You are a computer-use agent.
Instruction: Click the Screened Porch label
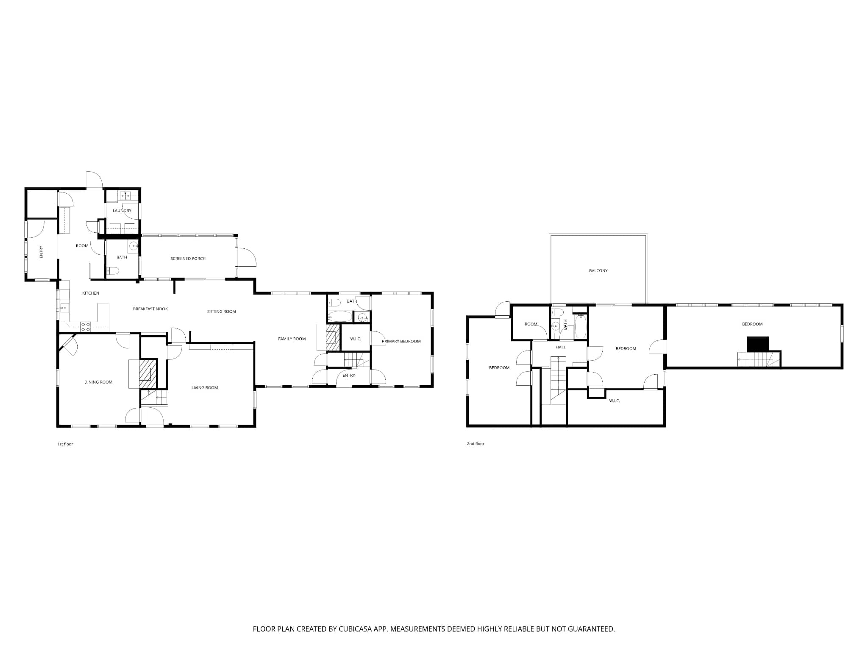point(188,259)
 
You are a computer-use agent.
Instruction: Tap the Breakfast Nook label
point(150,309)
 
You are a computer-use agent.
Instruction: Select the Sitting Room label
point(221,312)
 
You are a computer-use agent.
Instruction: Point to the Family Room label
point(292,339)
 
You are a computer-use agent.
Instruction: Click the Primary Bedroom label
point(401,341)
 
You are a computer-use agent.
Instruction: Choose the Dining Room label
point(98,382)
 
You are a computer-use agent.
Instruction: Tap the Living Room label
point(205,388)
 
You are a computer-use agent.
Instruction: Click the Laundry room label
point(122,211)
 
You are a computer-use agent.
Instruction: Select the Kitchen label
point(91,293)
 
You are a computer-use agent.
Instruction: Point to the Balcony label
point(598,271)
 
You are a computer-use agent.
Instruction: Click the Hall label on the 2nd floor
point(561,347)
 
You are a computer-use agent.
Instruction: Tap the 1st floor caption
point(65,444)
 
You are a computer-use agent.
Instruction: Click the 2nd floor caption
point(476,444)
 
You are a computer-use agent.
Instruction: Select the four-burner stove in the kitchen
point(86,327)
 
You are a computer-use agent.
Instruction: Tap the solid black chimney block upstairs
point(757,344)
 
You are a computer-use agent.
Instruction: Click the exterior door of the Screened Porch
point(246,257)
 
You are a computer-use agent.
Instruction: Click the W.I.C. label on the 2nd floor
point(615,401)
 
